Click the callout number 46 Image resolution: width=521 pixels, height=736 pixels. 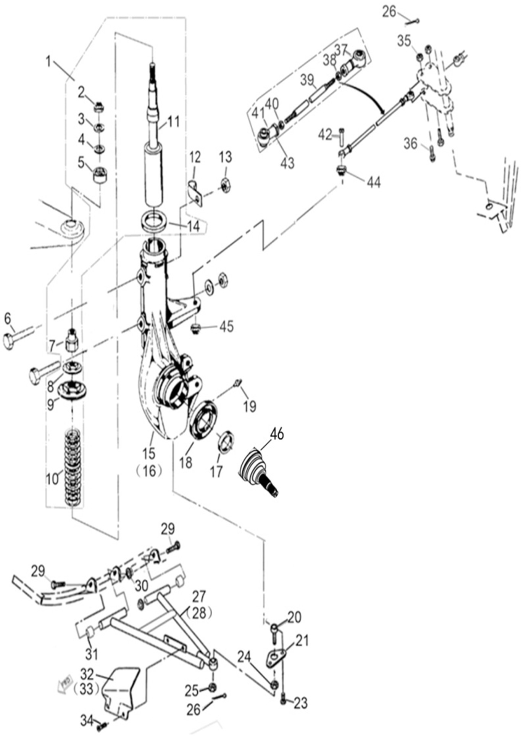(277, 434)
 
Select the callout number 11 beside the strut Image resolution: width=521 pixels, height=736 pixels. (174, 122)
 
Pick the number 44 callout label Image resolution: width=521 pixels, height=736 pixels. (374, 183)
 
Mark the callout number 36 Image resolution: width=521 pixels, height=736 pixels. (411, 144)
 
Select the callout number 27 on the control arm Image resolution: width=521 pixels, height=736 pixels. (199, 596)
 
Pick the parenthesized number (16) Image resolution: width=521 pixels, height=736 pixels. (149, 471)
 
